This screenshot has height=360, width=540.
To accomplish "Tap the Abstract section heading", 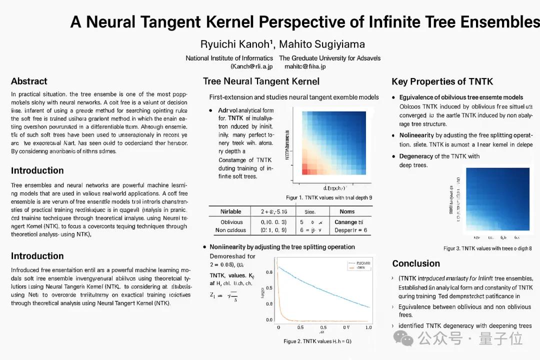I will pos(29,81).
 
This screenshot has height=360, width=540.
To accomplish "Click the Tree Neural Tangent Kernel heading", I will pos(261,81).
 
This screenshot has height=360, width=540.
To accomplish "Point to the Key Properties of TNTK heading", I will pos(442,81).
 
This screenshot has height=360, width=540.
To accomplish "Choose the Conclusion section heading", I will pos(416,263).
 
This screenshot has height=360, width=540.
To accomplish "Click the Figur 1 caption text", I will pos(328,197).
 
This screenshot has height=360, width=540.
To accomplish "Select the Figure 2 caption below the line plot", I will pos(317,341).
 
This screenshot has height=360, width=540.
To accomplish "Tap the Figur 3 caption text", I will pos(487,248).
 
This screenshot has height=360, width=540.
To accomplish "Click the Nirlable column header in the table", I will pos(231,211).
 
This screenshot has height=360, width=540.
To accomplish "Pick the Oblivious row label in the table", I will pos(231,222).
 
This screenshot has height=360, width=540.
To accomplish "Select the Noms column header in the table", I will pos(347,211).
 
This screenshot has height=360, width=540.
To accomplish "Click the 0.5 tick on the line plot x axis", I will pos(300,327).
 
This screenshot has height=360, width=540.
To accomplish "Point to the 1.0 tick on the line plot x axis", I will pos(368,327).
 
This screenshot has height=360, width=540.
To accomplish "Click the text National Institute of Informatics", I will pos(229,58).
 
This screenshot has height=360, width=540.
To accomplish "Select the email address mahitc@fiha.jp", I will pos(305,66).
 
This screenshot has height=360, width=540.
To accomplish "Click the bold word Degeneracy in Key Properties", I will pos(416,156).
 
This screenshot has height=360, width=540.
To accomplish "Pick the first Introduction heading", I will pos(37,170).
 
